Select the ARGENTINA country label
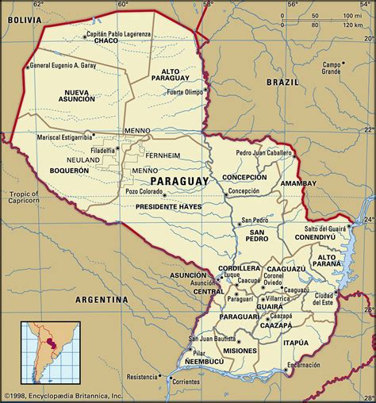pos(102,300)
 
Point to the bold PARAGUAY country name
pos(178,181)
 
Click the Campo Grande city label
pos(332,67)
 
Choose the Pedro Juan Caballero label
pos(265,152)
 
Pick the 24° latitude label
pos(367,220)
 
